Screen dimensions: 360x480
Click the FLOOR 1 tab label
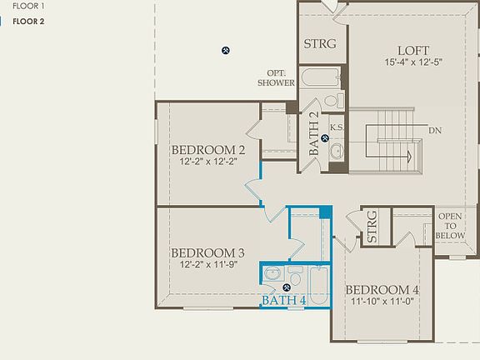point(29,5)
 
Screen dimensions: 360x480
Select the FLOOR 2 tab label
point(29,22)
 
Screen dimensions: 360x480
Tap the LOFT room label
point(412,49)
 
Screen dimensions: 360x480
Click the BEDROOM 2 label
point(207,150)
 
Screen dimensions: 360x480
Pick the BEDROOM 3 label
point(207,252)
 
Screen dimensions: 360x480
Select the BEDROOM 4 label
point(382,290)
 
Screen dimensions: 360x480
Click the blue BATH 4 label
point(284,300)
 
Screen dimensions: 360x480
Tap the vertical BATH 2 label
point(314,134)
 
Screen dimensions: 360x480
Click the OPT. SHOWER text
point(276,77)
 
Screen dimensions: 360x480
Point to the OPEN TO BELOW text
point(451,226)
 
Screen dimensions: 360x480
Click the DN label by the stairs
point(435,131)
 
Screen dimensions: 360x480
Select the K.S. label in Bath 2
point(337,127)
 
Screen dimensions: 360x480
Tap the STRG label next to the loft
point(319,44)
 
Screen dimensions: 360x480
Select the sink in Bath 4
point(272,274)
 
